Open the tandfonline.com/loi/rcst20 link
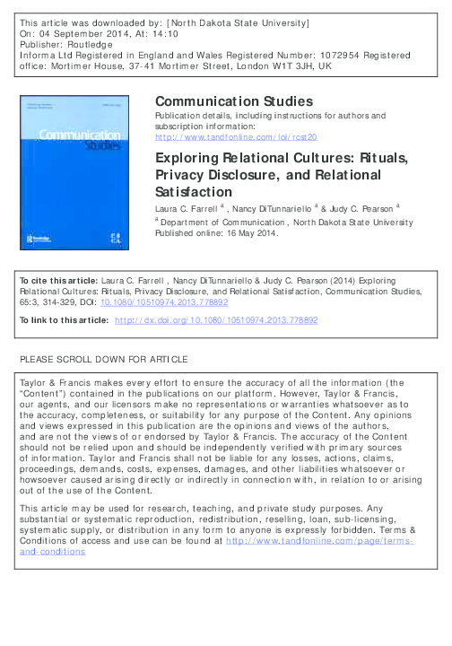pyautogui.click(x=236, y=137)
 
